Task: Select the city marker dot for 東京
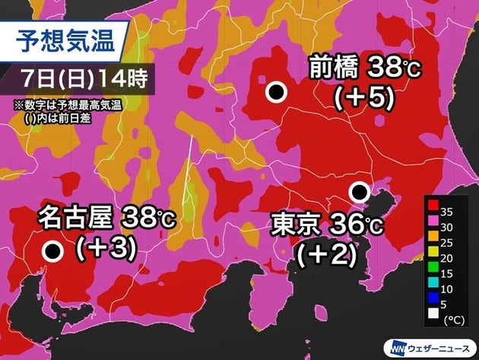pos(359,191)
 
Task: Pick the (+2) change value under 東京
pos(327,254)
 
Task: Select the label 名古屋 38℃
pos(107,220)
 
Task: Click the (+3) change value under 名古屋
pos(106,247)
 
